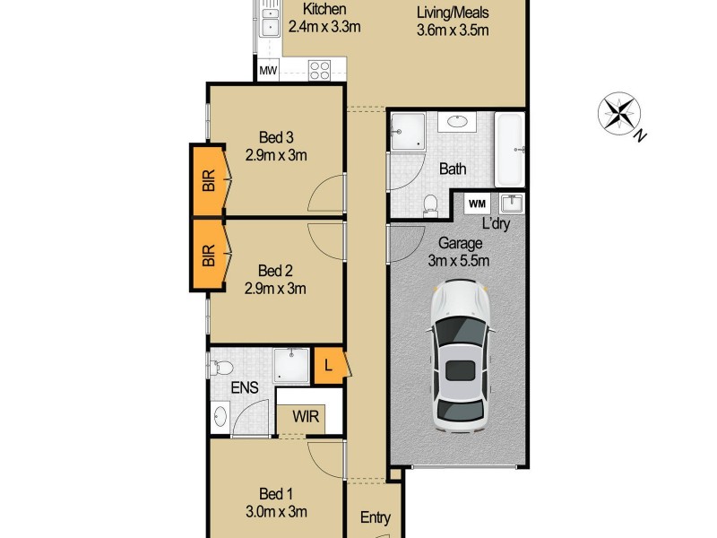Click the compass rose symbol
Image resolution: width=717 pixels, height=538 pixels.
pos(618,114)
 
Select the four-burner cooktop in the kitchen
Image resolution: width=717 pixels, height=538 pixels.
pos(326,68)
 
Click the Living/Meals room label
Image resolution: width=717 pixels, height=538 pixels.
pos(453,13)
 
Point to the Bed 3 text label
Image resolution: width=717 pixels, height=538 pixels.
pos(276,137)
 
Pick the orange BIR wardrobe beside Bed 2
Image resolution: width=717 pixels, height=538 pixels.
pos(210,256)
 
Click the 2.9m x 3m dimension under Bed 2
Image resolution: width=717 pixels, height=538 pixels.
pos(276,288)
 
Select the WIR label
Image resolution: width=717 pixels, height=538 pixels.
pos(299,417)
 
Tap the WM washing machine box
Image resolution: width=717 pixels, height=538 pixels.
pos(477,204)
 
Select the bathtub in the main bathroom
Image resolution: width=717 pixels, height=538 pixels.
pos(509,147)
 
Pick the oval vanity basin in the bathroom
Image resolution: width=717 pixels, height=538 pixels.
pos(460,122)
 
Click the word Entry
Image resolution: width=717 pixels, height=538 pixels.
pos(375,517)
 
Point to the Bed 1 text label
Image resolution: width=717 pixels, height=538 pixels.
pos(276,494)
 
